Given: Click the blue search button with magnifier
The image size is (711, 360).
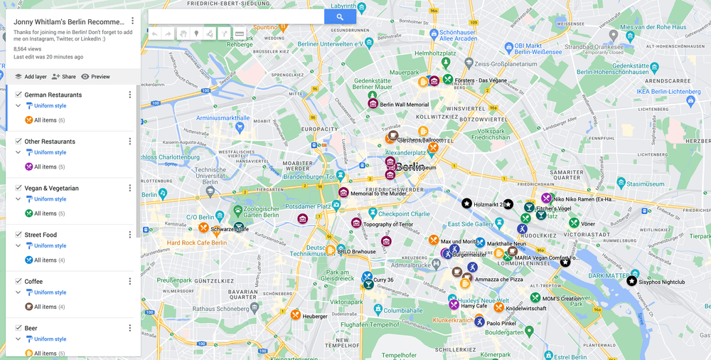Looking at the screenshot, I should pyautogui.click(x=340, y=17).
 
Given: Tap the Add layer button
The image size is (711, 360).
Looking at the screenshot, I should pyautogui.click(x=31, y=77).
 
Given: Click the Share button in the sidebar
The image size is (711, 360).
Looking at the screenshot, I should pyautogui.click(x=64, y=77).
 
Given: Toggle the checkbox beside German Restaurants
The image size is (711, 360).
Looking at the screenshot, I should pyautogui.click(x=18, y=95).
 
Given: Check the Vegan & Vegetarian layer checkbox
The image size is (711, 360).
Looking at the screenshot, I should pyautogui.click(x=18, y=188).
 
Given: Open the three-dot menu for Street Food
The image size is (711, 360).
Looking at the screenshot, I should pyautogui.click(x=129, y=235).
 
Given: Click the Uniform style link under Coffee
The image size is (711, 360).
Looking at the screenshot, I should pyautogui.click(x=50, y=292).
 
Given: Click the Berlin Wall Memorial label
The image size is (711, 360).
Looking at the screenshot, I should pyautogui.click(x=404, y=105).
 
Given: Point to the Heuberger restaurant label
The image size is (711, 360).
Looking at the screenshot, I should pyautogui.click(x=315, y=316).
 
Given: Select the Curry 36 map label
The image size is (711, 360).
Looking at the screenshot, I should pyautogui.click(x=383, y=280).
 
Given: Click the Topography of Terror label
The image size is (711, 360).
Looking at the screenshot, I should pyautogui.click(x=387, y=224).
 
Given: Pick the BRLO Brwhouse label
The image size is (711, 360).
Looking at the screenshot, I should pyautogui.click(x=356, y=251).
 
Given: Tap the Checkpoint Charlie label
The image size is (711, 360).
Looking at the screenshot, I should pyautogui.click(x=404, y=213).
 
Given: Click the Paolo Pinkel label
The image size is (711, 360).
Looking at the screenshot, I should pyautogui.click(x=501, y=323).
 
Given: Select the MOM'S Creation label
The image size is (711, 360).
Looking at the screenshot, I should pyautogui.click(x=561, y=298).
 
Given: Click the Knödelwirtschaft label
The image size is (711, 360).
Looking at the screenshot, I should pyautogui.click(x=525, y=308).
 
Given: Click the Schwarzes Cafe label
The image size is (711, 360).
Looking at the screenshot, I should pyautogui.click(x=230, y=229).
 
